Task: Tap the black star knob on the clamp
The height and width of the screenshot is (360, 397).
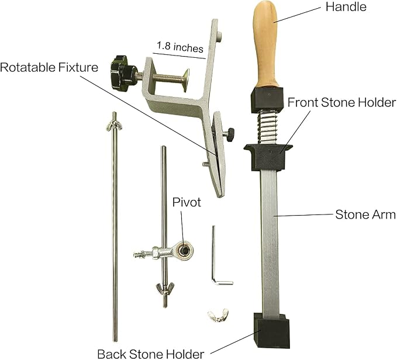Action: click(121, 72)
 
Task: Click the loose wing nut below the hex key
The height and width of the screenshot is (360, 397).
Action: click(218, 315)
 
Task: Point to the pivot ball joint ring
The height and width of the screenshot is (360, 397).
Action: click(185, 250)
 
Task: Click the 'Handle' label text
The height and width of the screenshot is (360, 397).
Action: click(346, 7)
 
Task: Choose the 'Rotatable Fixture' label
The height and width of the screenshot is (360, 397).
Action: click(49, 68)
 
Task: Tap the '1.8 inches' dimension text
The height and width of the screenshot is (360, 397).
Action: click(180, 47)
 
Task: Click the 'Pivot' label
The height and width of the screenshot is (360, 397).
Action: click(187, 202)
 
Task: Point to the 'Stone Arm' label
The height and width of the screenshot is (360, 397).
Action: click(365, 214)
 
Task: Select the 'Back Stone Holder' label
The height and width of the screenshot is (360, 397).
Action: click(151, 354)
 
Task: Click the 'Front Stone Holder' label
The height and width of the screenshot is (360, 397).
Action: click(341, 102)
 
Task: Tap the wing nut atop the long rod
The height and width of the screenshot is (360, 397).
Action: click(114, 126)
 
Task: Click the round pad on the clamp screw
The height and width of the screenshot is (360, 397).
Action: click(186, 81)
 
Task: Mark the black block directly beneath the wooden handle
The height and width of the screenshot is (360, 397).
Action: click(267, 99)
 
